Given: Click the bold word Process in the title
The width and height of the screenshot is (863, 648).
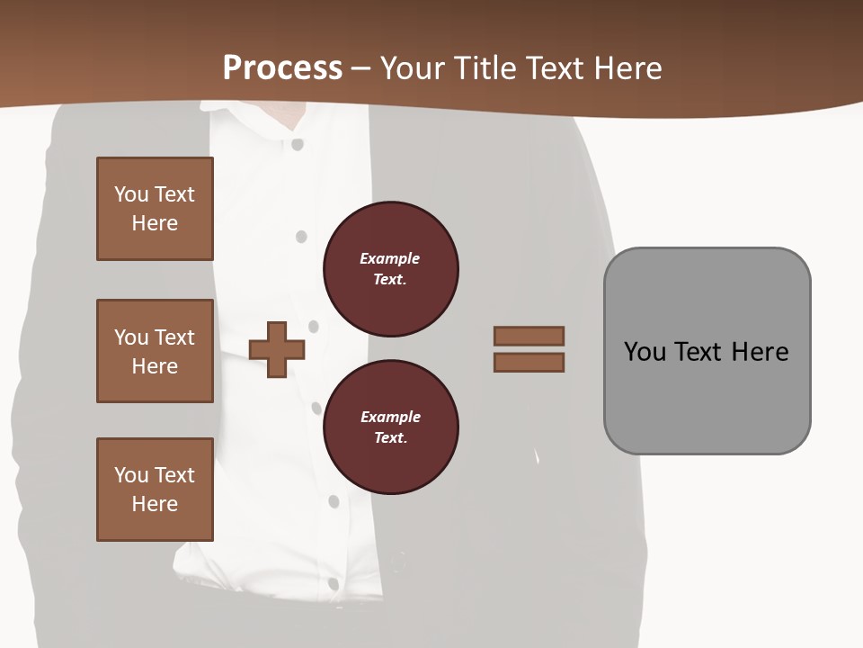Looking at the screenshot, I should point(282,68).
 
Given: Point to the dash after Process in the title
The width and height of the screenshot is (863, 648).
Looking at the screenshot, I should point(360,69).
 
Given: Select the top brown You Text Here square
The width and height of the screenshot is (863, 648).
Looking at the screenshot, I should point(155,209).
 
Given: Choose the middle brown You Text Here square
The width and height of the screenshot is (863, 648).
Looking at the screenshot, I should point(155,351).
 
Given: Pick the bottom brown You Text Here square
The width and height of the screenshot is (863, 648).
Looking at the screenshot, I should point(155,490).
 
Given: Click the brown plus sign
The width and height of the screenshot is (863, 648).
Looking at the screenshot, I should point(277,349).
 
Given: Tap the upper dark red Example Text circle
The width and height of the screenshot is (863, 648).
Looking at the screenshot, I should point(390,269).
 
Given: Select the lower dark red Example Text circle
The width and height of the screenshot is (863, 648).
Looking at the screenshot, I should point(390,427).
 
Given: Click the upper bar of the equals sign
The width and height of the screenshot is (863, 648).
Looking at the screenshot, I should point(529,336).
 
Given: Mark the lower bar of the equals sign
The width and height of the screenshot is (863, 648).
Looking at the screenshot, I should point(529,363).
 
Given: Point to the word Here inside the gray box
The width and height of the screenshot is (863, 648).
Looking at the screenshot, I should point(760,351).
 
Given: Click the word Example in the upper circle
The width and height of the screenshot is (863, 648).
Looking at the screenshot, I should point(390,258).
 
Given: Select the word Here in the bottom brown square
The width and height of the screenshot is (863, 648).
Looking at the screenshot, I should point(155,504).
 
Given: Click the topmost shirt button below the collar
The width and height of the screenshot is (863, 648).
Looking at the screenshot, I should point(298,144).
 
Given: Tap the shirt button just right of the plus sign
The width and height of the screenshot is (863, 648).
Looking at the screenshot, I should point(313,326).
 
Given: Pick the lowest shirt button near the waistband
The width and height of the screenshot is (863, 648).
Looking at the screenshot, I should point(333,583).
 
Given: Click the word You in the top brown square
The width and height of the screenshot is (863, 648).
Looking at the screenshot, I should point(131,194).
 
